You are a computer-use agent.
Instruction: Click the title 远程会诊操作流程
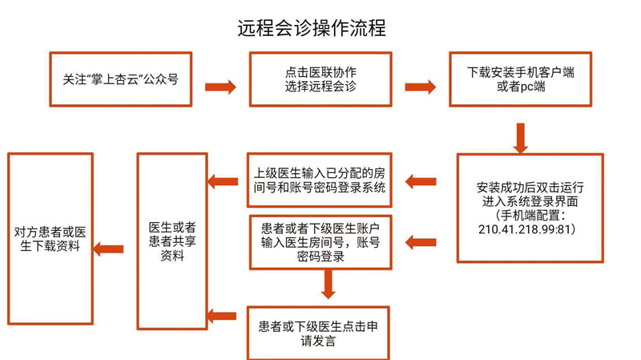pyautogui.click(x=312, y=28)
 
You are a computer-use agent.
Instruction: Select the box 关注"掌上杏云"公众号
pyautogui.click(x=121, y=79)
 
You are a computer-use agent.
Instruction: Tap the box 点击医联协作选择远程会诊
pyautogui.click(x=320, y=79)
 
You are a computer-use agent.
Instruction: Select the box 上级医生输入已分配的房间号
pyautogui.click(x=320, y=180)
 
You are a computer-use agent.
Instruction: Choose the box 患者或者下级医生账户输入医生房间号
pyautogui.click(x=320, y=240)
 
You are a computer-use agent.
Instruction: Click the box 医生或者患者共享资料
pyautogui.click(x=172, y=239)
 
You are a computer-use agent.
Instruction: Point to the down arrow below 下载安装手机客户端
pyautogui.click(x=521, y=137)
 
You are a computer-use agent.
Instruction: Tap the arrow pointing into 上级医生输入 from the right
pyautogui.click(x=421, y=182)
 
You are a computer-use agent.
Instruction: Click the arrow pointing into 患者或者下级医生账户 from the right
pyautogui.click(x=421, y=241)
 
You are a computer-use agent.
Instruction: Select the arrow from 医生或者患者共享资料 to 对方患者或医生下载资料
pyautogui.click(x=108, y=249)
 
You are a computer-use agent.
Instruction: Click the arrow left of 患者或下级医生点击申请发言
pyautogui.click(x=222, y=317)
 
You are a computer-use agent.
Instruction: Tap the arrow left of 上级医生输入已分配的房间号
pyautogui.click(x=222, y=182)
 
